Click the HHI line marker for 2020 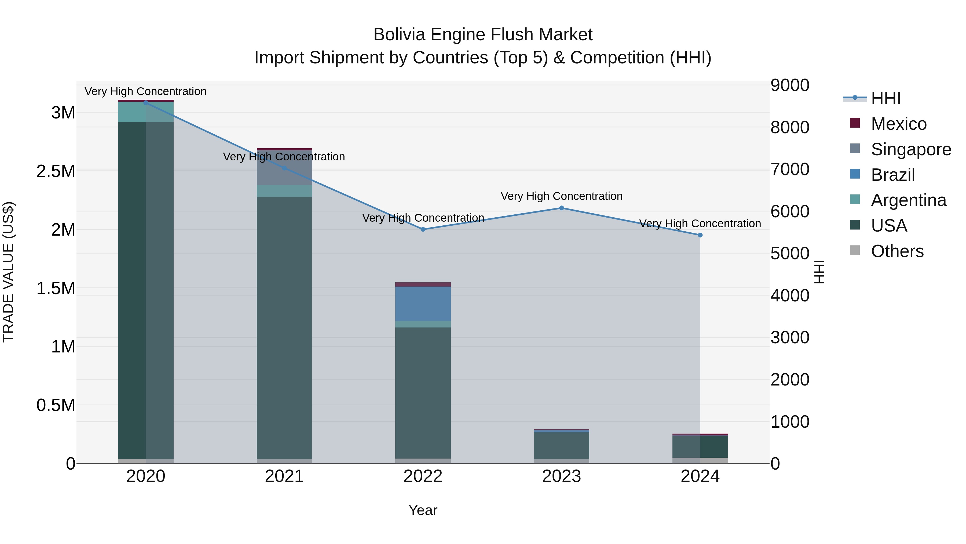tap(146, 103)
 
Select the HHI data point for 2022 tap(423, 229)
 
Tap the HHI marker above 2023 tap(562, 208)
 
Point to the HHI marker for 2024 tap(700, 235)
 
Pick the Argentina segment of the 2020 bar tap(146, 112)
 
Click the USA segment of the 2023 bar tap(562, 446)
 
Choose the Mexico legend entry tap(898, 124)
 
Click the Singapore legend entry tap(910, 149)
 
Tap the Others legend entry tap(897, 251)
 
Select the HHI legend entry tap(885, 98)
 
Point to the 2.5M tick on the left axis tap(56, 172)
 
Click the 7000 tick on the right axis tap(790, 169)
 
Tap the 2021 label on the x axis tap(284, 476)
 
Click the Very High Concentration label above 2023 tap(562, 196)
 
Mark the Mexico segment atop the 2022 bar tap(423, 284)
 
